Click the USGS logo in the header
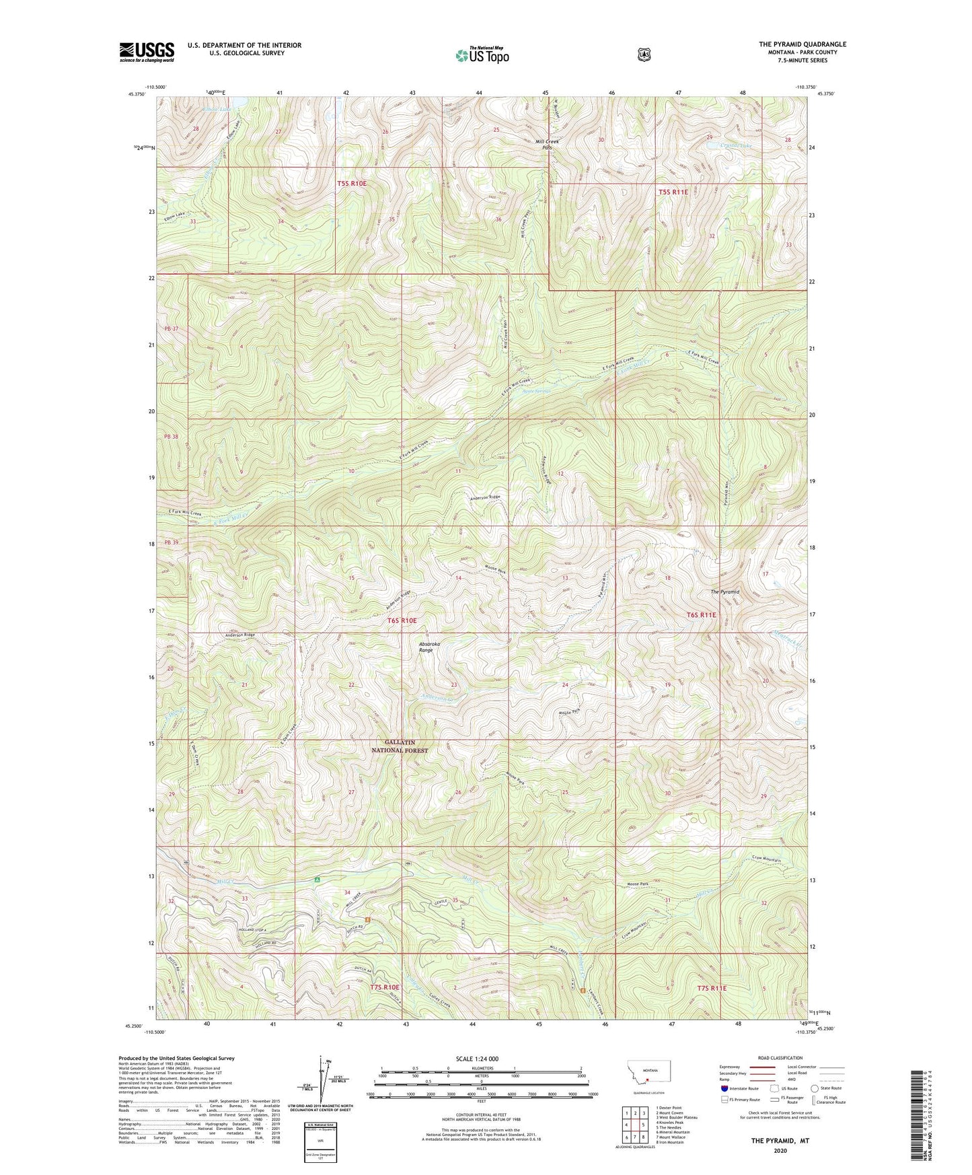point(147,51)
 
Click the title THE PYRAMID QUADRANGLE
point(802,44)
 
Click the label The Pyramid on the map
point(724,592)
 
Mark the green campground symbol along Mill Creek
point(317,879)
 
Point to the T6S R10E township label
point(402,620)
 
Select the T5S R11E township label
point(673,192)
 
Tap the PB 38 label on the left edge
point(170,437)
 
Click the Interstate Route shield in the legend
point(723,1088)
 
